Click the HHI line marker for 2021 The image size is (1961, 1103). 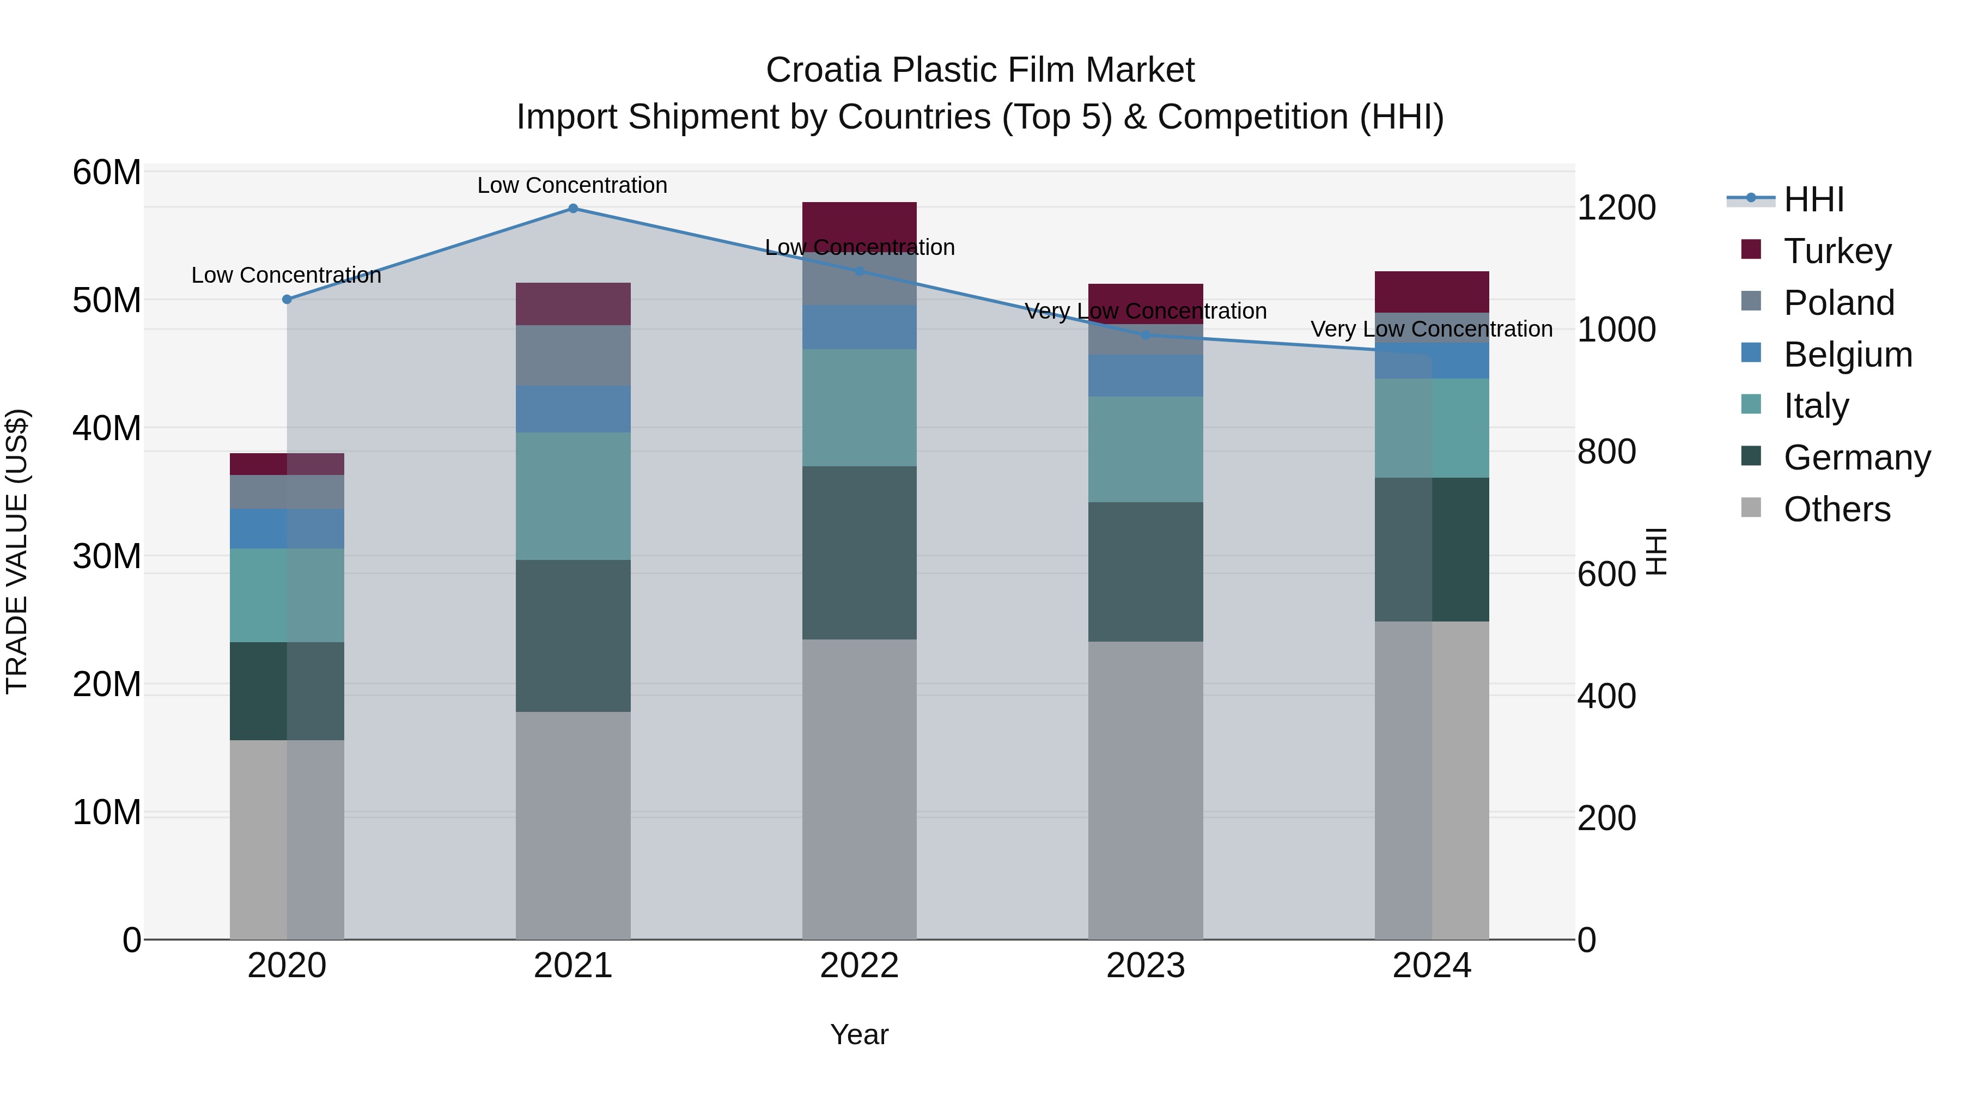pos(573,209)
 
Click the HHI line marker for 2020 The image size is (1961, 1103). pos(287,299)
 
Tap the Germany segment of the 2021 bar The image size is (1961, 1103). pos(573,636)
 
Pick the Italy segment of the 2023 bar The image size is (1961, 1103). pos(1146,449)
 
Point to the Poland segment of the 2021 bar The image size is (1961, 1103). pos(573,356)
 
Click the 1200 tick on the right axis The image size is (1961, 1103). pos(1616,208)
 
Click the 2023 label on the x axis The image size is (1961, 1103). pos(1146,966)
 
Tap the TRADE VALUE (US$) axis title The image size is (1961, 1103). pos(17,551)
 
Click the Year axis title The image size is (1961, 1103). pos(860,1034)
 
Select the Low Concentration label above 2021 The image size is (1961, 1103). pos(573,185)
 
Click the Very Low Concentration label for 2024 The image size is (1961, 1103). pos(1431,329)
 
